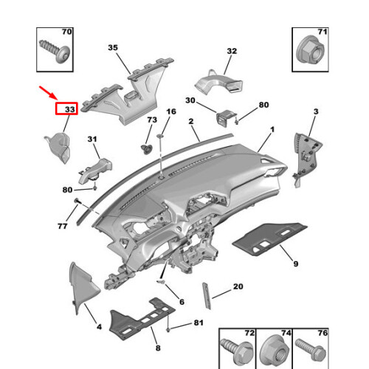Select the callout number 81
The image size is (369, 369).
pyautogui.click(x=198, y=323)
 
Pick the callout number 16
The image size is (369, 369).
pyautogui.click(x=171, y=111)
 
